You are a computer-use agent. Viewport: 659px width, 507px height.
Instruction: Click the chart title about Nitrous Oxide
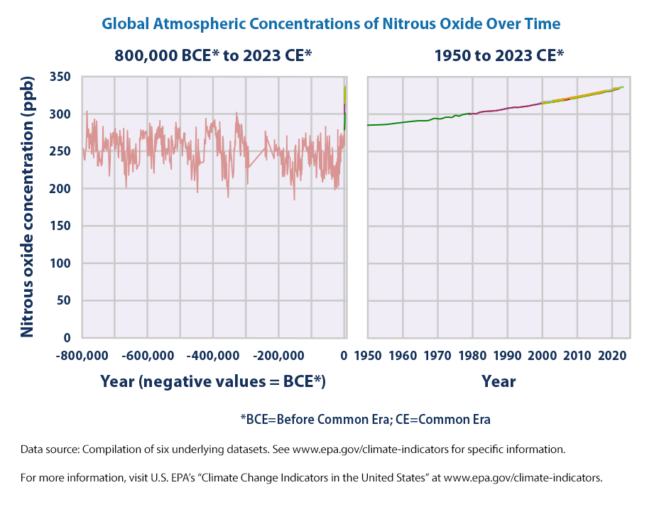[x=331, y=23]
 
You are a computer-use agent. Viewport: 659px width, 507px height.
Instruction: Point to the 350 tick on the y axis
[x=62, y=77]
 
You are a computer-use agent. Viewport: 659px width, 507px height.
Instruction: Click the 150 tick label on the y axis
[x=62, y=226]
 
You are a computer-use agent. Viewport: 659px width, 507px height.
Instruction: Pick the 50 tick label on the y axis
[x=65, y=300]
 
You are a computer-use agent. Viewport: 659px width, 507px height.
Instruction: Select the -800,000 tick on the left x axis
[x=83, y=354]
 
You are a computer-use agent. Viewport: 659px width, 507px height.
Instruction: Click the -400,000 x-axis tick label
[x=213, y=354]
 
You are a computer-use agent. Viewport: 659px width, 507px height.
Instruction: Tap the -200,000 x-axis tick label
[x=278, y=354]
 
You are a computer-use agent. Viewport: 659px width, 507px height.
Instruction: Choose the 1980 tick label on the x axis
[x=472, y=354]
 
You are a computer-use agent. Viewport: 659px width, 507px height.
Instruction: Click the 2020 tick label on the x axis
[x=611, y=354]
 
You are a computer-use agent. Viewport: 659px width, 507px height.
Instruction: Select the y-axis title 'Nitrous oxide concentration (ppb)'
[x=27, y=207]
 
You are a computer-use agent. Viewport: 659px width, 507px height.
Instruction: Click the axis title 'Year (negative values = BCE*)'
[x=213, y=381]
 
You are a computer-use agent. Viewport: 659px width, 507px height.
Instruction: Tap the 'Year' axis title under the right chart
[x=499, y=381]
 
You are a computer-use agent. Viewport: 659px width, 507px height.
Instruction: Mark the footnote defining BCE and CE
[x=366, y=419]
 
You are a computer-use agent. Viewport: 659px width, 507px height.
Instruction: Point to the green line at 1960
[x=403, y=123]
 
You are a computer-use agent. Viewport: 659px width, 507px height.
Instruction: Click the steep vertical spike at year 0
[x=344, y=107]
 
